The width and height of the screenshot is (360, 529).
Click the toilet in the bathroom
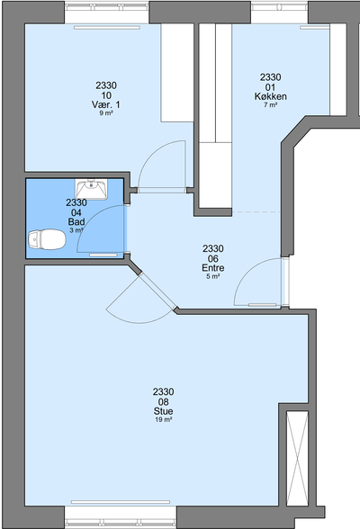(x=47, y=239)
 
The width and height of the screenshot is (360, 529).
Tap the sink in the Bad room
(x=91, y=189)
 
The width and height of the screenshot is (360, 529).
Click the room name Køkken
(x=271, y=96)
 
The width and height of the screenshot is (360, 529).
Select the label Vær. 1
(x=105, y=104)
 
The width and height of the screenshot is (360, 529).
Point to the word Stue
(x=163, y=411)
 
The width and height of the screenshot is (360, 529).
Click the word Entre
(x=213, y=268)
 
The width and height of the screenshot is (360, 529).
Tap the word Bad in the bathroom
(x=76, y=221)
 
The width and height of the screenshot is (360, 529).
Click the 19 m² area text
(x=164, y=419)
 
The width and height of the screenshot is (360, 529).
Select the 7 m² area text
(x=271, y=105)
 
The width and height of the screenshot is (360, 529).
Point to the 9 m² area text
(x=106, y=113)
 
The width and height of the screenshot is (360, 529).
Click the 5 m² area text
(x=213, y=276)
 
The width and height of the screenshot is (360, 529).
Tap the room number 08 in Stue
(x=163, y=402)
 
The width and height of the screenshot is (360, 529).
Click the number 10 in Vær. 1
(x=106, y=95)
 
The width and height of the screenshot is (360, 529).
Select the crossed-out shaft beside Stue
(x=297, y=459)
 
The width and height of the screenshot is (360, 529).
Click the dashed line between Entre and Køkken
(x=256, y=212)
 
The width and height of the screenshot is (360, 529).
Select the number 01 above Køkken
(x=270, y=87)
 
